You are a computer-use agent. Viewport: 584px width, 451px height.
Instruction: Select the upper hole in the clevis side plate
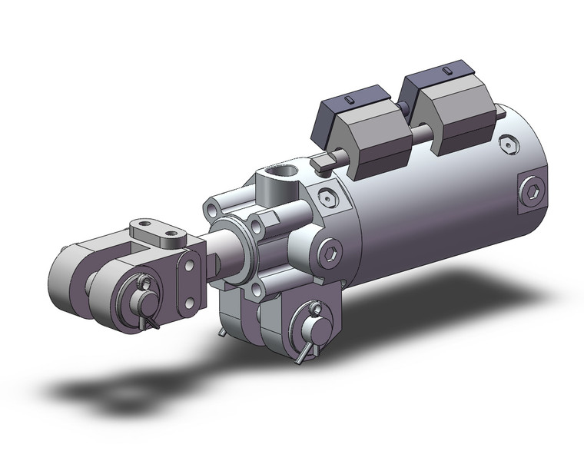pos(185,267)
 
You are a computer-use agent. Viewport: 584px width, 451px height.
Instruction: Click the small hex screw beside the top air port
pos(328,198)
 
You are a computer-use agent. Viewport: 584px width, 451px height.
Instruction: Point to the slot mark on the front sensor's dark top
pos(349,100)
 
